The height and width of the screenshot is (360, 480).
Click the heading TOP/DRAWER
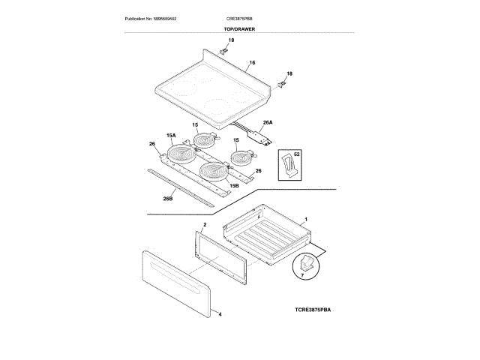point(240,28)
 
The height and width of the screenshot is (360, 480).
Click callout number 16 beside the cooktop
point(252,62)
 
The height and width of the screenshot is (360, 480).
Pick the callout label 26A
point(267,122)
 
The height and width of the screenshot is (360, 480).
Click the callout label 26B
point(168,199)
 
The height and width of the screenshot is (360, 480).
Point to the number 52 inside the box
point(297,154)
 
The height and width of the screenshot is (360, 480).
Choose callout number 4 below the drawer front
point(220,316)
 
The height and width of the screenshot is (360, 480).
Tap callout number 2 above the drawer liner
point(204,224)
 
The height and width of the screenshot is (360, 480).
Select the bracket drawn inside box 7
point(307,265)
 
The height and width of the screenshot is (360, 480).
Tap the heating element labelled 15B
point(213,172)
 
